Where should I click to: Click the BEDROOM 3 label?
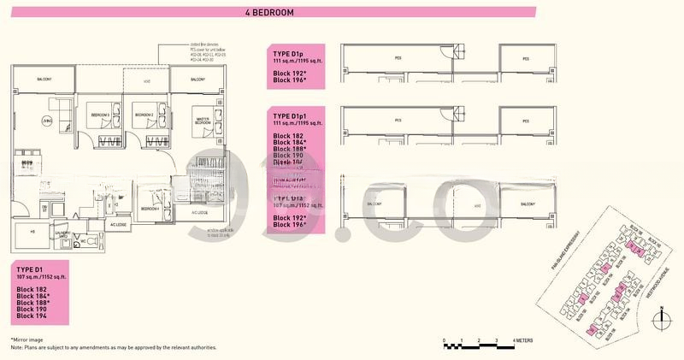click(100, 115)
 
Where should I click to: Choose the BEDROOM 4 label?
click(150, 208)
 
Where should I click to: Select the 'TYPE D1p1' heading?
click(292, 115)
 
